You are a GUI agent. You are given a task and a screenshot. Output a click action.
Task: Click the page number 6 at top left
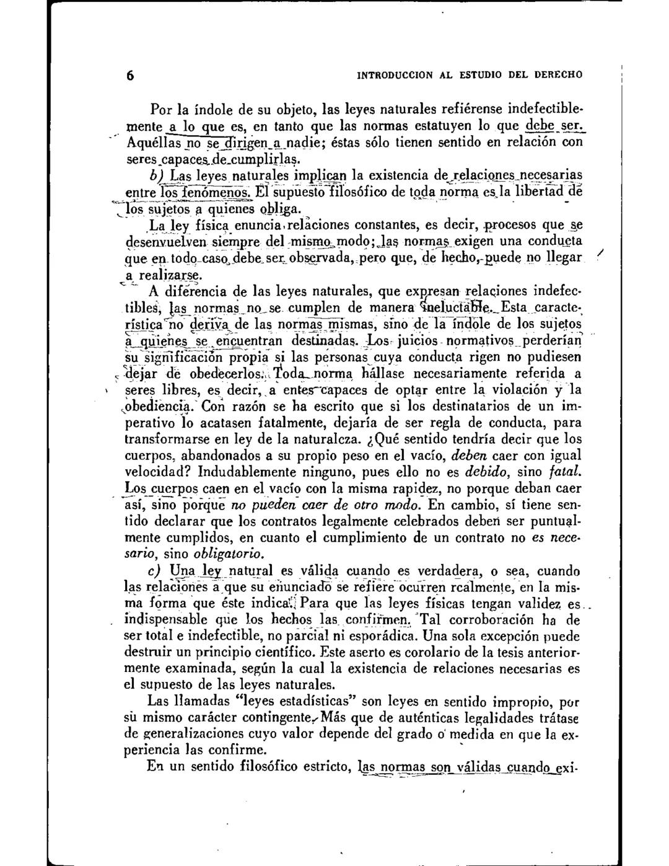point(131,76)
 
